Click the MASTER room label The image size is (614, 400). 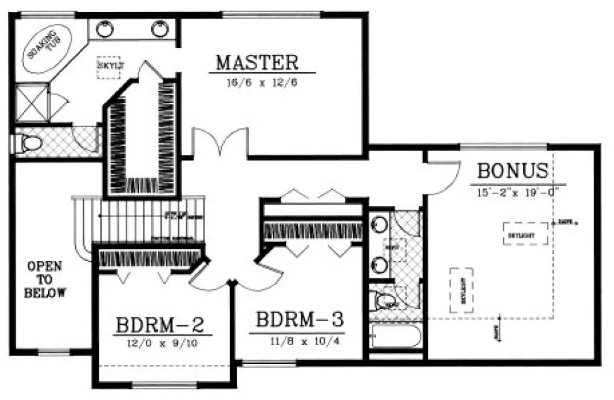click(x=257, y=63)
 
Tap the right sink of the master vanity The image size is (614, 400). click(x=160, y=28)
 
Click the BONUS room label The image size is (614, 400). click(x=513, y=171)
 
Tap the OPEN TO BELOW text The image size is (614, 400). click(x=45, y=280)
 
